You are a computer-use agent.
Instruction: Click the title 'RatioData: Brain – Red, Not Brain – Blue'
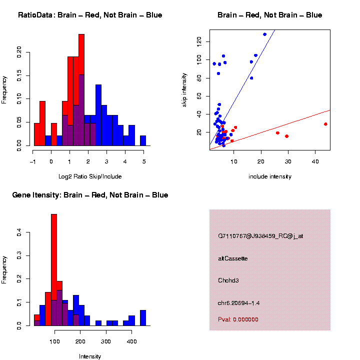[x=90, y=15]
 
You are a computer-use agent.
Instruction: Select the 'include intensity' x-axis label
[x=270, y=176]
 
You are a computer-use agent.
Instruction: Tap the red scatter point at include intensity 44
[x=325, y=124]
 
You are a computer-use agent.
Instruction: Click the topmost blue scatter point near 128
[x=264, y=34]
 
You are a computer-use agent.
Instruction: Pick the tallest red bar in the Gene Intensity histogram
[x=54, y=270]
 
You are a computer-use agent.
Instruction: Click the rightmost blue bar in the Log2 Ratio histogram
[x=143, y=140]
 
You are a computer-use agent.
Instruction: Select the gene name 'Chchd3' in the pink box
[x=228, y=280]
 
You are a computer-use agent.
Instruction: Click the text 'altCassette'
[x=232, y=258]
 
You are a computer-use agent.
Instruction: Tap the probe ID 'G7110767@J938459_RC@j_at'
[x=260, y=236]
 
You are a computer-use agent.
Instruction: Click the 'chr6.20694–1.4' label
[x=238, y=303]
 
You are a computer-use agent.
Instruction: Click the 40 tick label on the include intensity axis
[x=315, y=161]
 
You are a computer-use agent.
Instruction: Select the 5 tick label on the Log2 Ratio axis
[x=144, y=161]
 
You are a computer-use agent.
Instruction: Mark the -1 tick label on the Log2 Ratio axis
[x=32, y=161]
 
